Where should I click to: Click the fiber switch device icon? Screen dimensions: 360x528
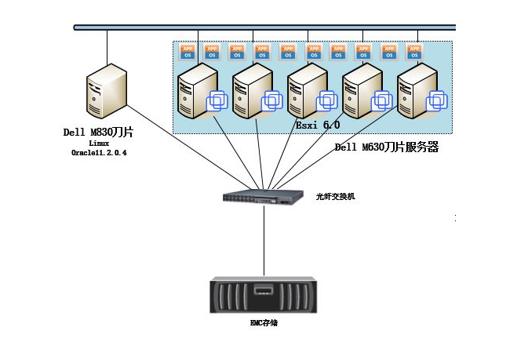point(263,196)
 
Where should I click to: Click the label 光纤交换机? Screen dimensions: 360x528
point(336,196)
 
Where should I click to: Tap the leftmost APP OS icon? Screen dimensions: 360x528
point(188,52)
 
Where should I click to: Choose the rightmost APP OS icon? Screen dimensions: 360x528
point(414,52)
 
